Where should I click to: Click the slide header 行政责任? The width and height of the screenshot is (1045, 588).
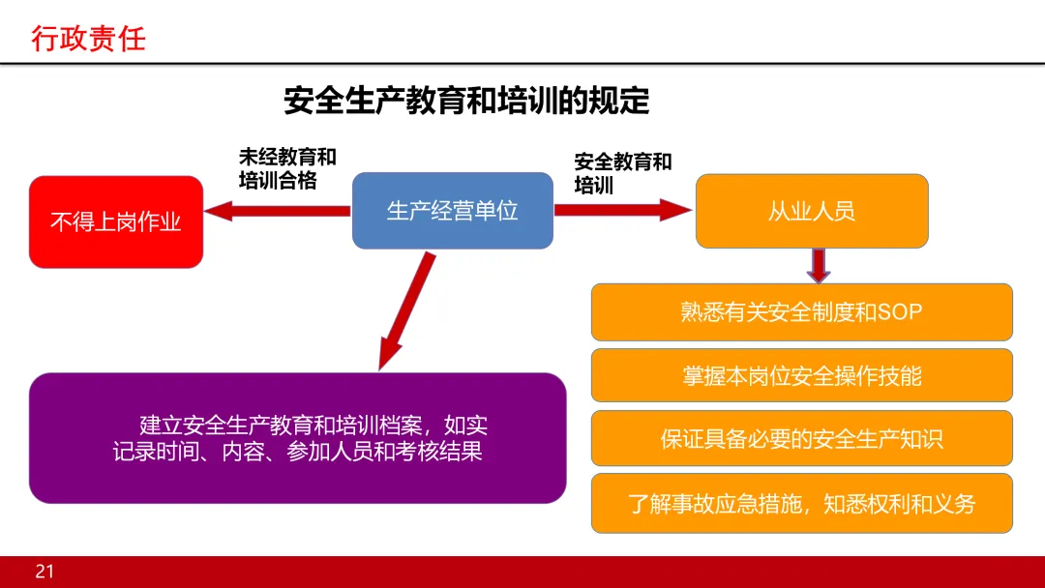pyautogui.click(x=88, y=39)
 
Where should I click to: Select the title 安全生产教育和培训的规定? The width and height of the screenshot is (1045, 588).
pyautogui.click(x=465, y=101)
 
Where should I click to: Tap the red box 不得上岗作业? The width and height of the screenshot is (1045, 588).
pyautogui.click(x=116, y=222)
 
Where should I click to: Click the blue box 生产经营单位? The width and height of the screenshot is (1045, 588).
pyautogui.click(x=452, y=211)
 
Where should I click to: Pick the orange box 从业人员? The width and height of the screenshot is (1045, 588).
pyautogui.click(x=812, y=211)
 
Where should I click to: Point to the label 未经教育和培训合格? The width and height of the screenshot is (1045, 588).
pyautogui.click(x=287, y=168)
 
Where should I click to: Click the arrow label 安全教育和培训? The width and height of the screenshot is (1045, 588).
pyautogui.click(x=622, y=173)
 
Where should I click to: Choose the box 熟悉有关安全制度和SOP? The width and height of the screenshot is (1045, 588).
pyautogui.click(x=801, y=312)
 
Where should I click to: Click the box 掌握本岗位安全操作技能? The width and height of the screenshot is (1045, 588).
pyautogui.click(x=801, y=375)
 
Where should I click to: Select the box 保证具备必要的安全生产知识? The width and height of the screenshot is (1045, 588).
pyautogui.click(x=801, y=439)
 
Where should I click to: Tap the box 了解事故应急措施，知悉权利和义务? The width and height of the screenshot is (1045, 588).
pyautogui.click(x=801, y=503)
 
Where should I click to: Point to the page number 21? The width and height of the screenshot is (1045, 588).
pyautogui.click(x=45, y=572)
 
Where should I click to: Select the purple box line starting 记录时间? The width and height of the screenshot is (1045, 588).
pyautogui.click(x=297, y=452)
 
